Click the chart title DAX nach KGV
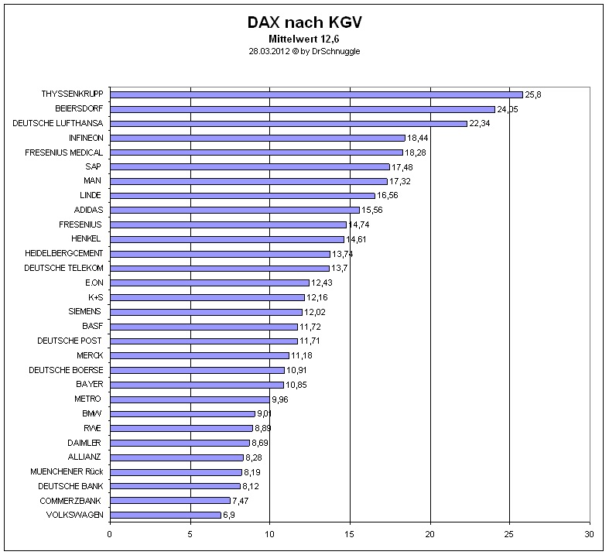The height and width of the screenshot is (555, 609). [x=304, y=22]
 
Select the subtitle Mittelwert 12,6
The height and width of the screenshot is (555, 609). [x=304, y=39]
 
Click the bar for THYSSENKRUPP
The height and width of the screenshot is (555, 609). [x=316, y=94]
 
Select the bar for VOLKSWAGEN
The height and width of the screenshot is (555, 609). [x=165, y=515]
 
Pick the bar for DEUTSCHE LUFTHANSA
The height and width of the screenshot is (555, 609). [x=288, y=123]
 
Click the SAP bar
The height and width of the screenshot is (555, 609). [x=249, y=166]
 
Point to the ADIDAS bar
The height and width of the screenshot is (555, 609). [x=234, y=210]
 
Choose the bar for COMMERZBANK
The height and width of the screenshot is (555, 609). [x=169, y=500]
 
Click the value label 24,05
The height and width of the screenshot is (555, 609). [x=508, y=109]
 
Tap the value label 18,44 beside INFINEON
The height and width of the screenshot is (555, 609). [x=418, y=138]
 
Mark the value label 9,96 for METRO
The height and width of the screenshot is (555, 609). [x=280, y=399]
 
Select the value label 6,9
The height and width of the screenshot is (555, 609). [x=229, y=515]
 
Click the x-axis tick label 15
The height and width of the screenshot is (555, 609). [x=350, y=534]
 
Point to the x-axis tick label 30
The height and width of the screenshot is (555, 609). [x=589, y=534]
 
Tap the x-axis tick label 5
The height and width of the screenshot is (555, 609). [x=190, y=534]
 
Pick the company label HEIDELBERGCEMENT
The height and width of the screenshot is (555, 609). [x=63, y=253]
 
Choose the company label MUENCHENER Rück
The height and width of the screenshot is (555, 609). [x=66, y=471]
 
